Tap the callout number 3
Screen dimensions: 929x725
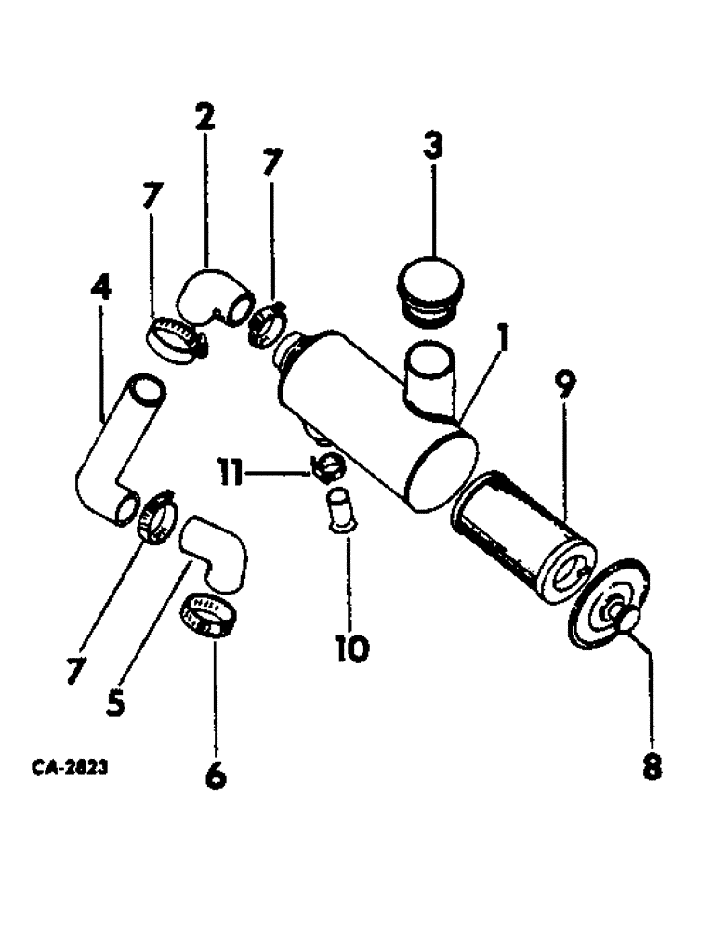coord(433,146)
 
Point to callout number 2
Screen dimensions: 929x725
coord(204,118)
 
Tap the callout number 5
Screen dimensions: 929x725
coord(115,701)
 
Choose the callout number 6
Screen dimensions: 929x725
coord(215,774)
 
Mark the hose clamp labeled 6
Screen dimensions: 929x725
coord(206,616)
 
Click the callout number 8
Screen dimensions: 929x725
coord(652,767)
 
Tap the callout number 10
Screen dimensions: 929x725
coord(350,648)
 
